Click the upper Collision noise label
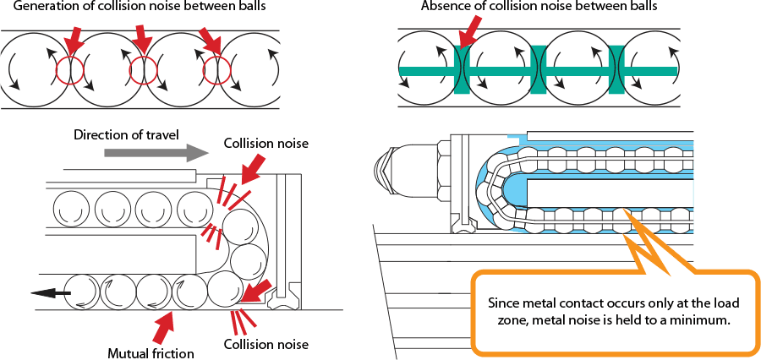pos(266,144)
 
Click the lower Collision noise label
pos(266,344)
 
